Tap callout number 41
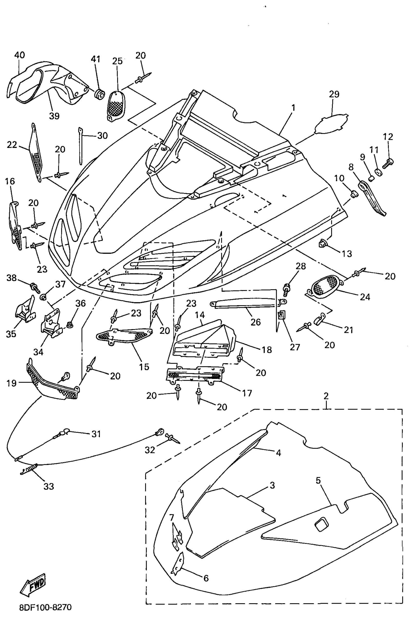(95, 59)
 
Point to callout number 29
(334, 94)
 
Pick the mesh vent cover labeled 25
(116, 106)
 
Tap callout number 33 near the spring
(48, 486)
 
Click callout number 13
(347, 254)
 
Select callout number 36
(80, 303)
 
